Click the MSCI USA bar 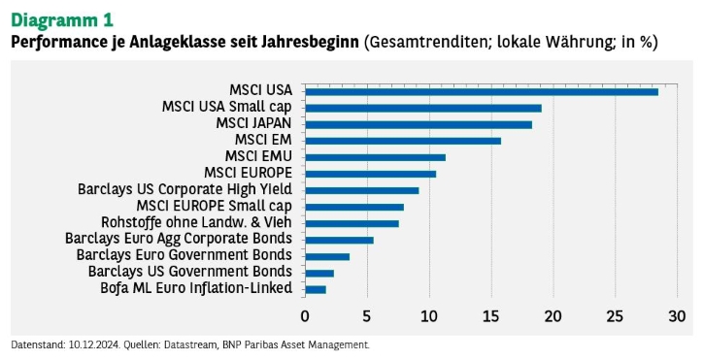(x=482, y=92)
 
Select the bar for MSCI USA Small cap (x=423, y=108)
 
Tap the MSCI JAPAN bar (x=419, y=125)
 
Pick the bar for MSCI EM (x=403, y=141)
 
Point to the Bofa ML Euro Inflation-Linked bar (x=316, y=289)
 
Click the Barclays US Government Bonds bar (x=319, y=274)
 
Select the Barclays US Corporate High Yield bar (x=362, y=191)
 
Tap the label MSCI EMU (x=258, y=156)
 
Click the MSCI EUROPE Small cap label (x=215, y=206)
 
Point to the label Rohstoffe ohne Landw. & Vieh (x=197, y=222)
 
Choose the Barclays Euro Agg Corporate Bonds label (x=179, y=239)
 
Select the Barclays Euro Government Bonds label (x=184, y=255)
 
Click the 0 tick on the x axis (x=305, y=316)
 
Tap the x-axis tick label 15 (x=491, y=316)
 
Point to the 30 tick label (x=677, y=316)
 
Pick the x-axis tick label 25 (x=615, y=316)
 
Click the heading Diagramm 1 (x=62, y=20)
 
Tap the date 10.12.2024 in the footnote (x=94, y=345)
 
